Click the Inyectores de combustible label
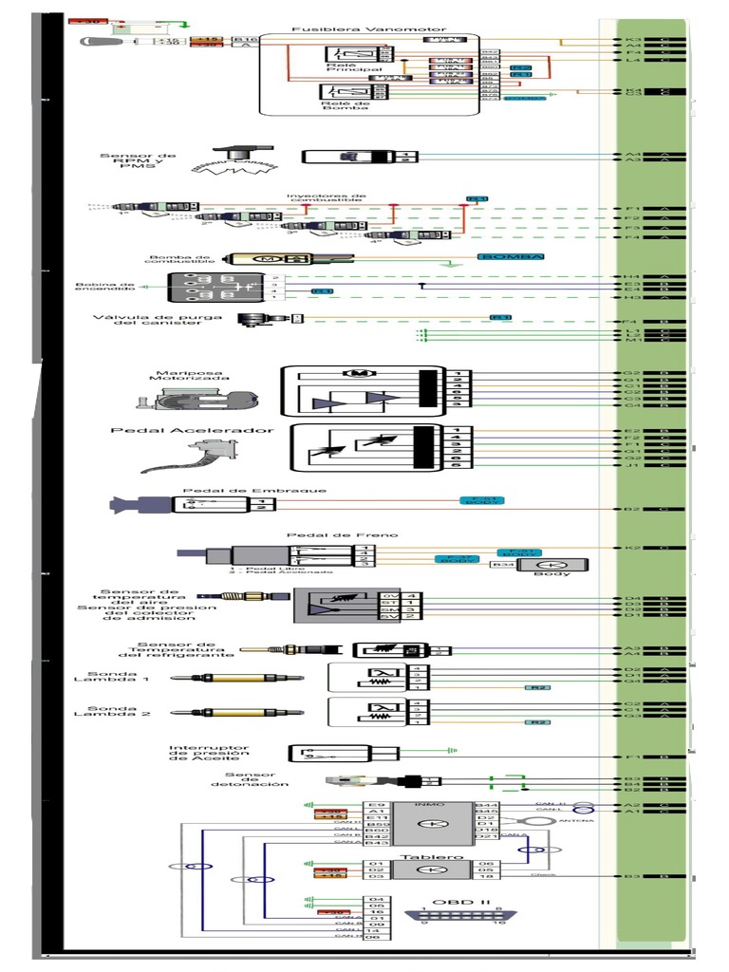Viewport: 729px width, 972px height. (x=326, y=198)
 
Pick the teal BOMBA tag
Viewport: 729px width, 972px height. (x=512, y=256)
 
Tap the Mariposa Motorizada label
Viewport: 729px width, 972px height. (x=187, y=375)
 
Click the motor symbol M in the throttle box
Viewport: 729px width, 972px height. (x=360, y=373)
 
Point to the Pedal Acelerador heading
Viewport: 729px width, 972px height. (x=193, y=430)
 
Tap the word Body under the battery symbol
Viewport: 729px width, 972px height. (x=551, y=573)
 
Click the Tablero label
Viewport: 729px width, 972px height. (x=420, y=856)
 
